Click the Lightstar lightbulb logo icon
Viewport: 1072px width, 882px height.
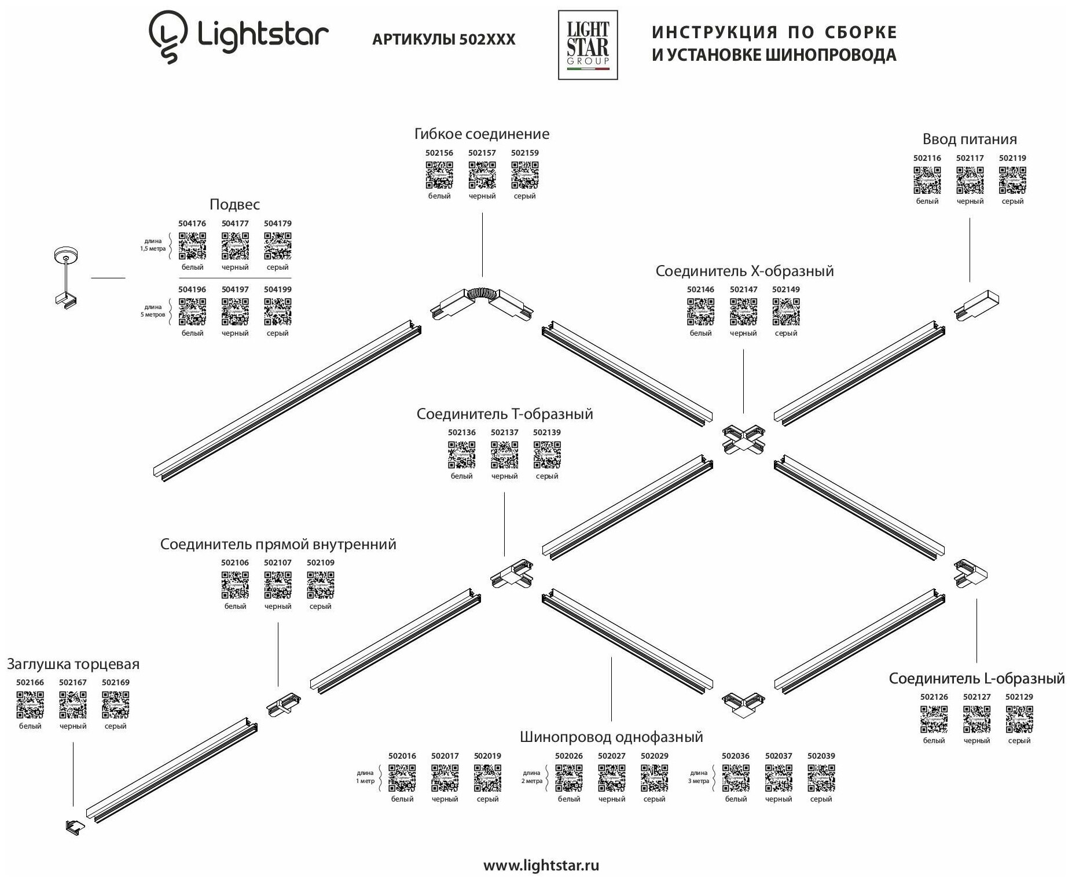coord(168,37)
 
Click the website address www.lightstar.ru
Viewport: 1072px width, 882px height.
coord(541,866)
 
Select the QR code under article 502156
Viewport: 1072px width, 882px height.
coord(439,175)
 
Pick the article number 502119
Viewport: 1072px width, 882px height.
coord(1012,158)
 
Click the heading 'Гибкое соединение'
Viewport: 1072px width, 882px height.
coord(482,134)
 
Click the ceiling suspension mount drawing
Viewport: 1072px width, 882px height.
coord(67,277)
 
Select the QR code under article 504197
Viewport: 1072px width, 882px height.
coord(235,312)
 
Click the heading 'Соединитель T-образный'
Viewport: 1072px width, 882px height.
coord(505,414)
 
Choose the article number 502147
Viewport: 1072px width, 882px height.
coord(743,289)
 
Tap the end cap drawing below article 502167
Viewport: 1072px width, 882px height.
coord(75,826)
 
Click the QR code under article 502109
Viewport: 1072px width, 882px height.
coord(320,585)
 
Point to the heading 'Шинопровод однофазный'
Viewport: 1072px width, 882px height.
coord(611,737)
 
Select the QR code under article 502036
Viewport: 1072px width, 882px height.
coord(736,778)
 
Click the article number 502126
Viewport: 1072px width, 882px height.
coord(934,697)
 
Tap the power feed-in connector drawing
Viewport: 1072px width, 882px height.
coord(976,305)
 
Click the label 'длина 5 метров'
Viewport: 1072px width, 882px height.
coord(153,311)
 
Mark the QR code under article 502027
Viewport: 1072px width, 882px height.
coord(612,778)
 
